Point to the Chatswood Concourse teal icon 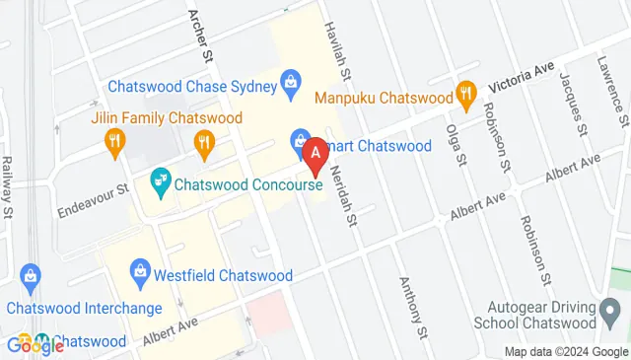(158, 181)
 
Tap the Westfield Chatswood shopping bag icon (140, 272)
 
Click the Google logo (35, 344)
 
